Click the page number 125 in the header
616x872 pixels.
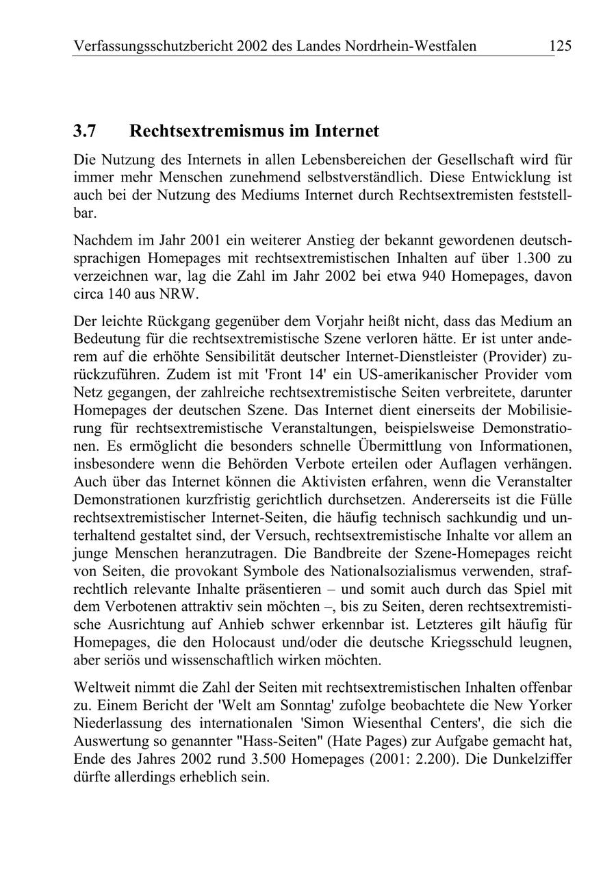[x=559, y=46]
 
